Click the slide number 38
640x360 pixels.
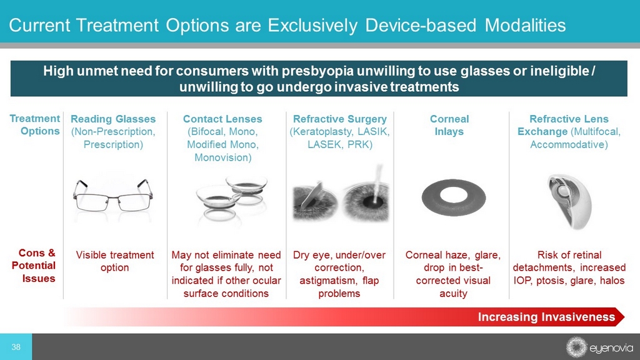click(16, 347)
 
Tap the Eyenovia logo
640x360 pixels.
click(599, 347)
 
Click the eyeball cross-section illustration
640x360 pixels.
click(569, 202)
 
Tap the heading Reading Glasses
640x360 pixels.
click(113, 119)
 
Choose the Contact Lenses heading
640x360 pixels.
click(222, 119)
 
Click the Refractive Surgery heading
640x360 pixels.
click(340, 119)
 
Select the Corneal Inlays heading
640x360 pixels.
click(449, 125)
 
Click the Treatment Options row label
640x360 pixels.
click(35, 125)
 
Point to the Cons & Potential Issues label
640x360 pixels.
click(34, 266)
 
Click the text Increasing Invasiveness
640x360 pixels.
click(546, 317)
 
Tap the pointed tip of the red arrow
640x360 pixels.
click(624, 317)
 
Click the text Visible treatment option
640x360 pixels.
click(115, 261)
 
